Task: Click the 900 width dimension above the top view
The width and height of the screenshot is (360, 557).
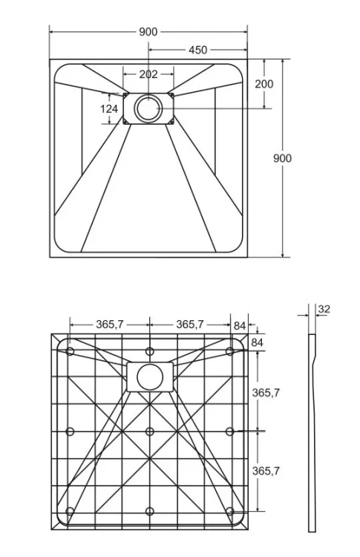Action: click(148, 32)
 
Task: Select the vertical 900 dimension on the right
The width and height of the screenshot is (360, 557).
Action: click(282, 158)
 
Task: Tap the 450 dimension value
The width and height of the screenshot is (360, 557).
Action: click(197, 50)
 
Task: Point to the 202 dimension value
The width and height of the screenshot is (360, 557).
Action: click(148, 74)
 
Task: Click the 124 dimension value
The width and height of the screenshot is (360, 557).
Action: click(109, 108)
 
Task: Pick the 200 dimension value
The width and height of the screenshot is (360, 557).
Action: click(264, 84)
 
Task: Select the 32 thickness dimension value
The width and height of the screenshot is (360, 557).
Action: click(324, 309)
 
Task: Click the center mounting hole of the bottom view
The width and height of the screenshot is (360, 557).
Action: click(150, 431)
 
